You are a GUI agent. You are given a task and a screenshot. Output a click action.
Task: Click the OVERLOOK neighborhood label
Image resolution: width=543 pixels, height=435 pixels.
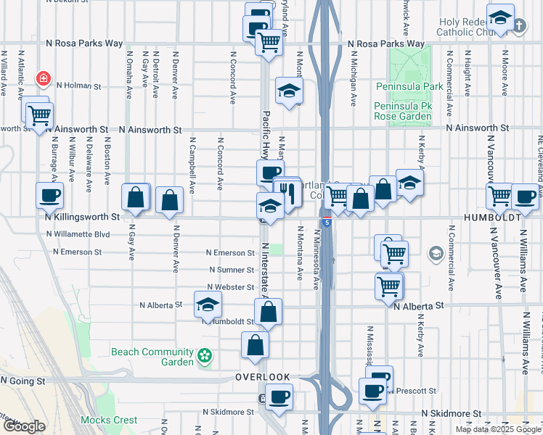[263, 378]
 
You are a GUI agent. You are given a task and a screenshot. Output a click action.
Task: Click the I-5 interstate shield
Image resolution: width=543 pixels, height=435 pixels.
[327, 222]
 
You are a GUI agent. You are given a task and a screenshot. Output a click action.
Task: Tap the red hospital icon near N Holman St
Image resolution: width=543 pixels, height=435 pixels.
[44, 77]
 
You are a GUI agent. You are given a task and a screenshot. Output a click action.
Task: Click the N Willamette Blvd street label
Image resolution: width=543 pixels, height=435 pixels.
[77, 235]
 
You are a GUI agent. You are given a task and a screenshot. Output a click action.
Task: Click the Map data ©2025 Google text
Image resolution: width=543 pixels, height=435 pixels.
[498, 429]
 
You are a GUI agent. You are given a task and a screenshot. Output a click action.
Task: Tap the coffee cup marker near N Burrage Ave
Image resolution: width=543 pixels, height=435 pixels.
[49, 194]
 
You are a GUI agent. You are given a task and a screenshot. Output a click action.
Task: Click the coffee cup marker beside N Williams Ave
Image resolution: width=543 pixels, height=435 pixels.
[525, 196]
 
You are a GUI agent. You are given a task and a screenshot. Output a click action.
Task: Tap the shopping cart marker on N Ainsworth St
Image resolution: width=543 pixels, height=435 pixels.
[38, 114]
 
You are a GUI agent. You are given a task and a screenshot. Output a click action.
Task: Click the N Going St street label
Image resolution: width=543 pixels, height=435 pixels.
[23, 381]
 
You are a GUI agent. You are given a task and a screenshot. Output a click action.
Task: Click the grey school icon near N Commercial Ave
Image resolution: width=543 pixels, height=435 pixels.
[436, 253]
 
